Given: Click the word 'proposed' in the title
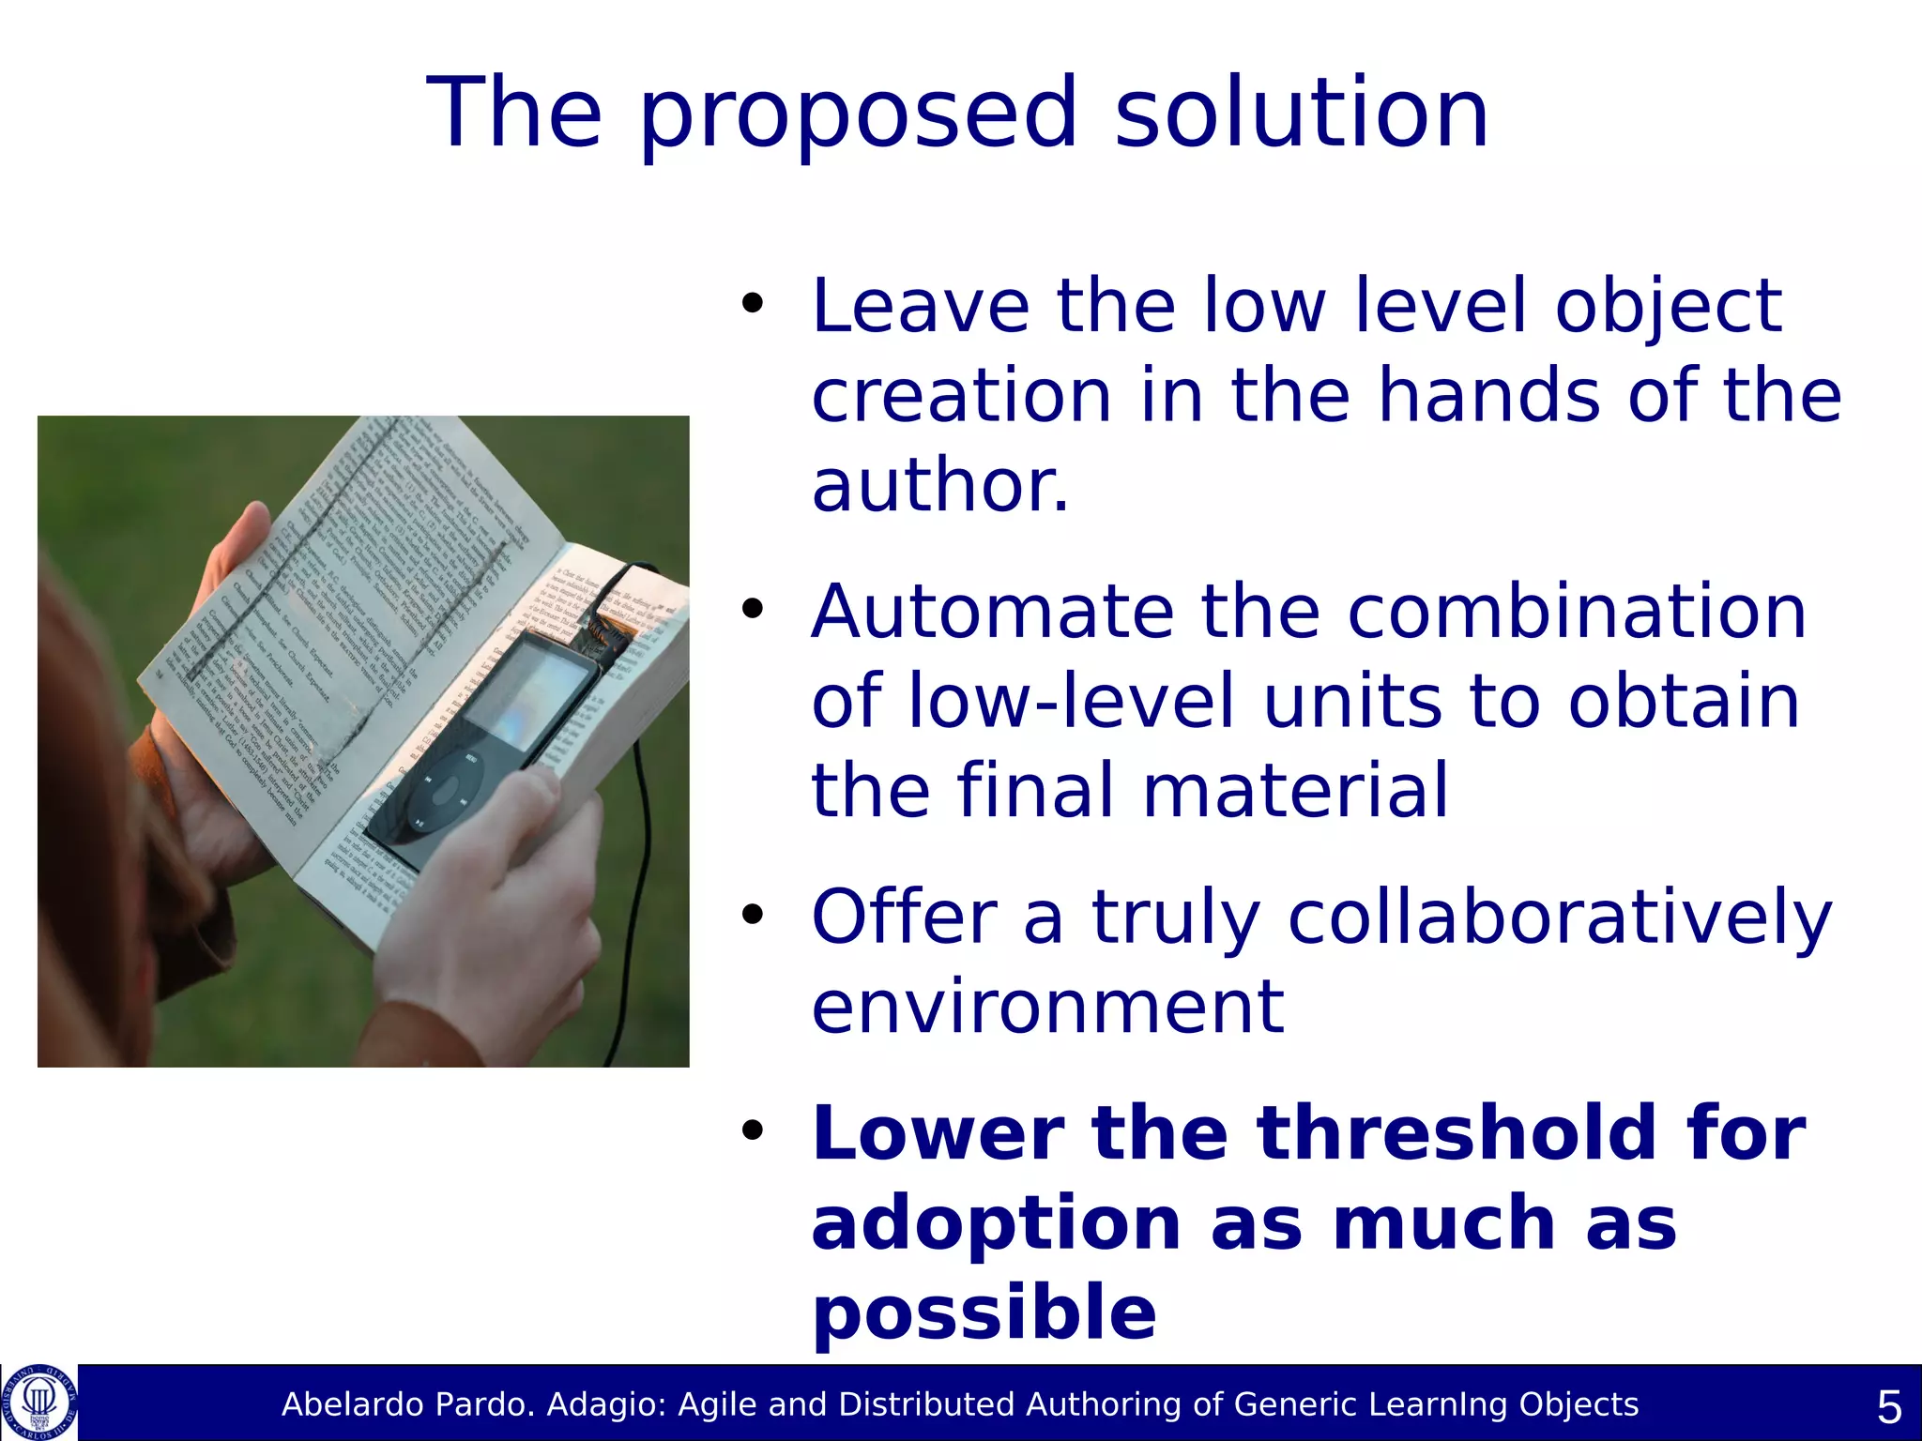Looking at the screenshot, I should coord(858,114).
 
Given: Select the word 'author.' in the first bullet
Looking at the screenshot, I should coord(939,486).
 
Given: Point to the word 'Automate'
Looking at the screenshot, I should coord(993,612).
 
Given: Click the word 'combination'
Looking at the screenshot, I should coord(1577,612).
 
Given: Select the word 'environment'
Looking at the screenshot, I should coord(1047,1008).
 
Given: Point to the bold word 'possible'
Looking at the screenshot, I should coord(984,1313).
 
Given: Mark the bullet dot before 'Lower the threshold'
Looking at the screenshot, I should coord(753,1131).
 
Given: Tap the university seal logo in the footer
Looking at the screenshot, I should coord(39,1402).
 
